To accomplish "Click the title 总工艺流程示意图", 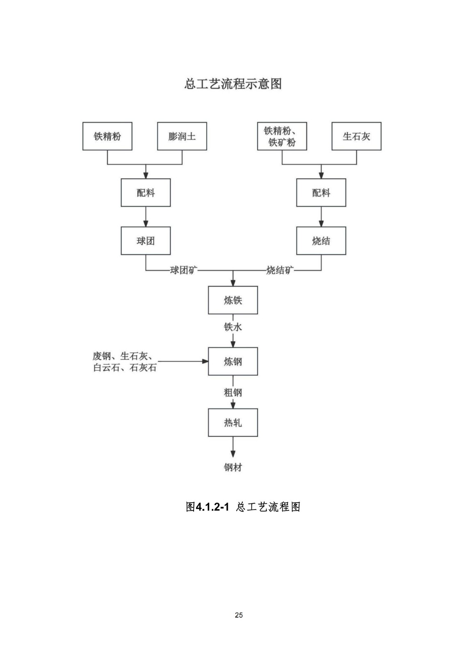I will pos(233,84).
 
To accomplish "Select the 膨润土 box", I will pos(182,136).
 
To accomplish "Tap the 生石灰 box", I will pos(356,136).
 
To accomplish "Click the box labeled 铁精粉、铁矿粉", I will pos(282,136).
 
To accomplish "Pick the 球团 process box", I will pos(146,241).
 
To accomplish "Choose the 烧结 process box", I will pos(321,241).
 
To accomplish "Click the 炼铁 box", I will pos(233,300).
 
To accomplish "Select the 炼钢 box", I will pos(233,361).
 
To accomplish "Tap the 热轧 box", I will pos(233,423).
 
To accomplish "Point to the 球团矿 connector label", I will pos(183,270).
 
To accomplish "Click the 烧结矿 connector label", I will pos(280,270).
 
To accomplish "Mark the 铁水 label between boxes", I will pos(233,327).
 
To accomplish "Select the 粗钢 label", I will pos(233,393).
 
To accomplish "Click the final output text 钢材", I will pos(233,467).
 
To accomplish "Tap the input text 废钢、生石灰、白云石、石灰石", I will pos(124,362).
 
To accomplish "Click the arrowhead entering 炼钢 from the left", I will pos(205,361).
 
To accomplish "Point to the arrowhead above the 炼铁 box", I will pos(233,283).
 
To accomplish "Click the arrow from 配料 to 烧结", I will pos(321,217).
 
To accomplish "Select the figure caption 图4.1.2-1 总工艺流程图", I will pos(243,507).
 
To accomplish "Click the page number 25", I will pos(239,615).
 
